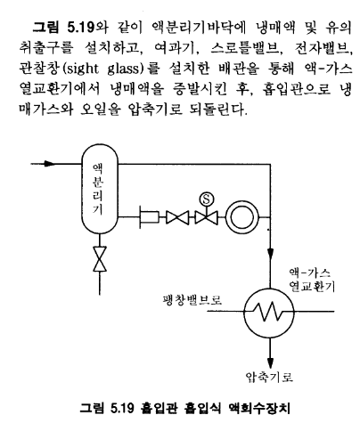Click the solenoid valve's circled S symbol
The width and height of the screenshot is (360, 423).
206,199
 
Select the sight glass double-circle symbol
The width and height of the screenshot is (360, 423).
242,217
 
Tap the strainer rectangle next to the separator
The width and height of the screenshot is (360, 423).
149,217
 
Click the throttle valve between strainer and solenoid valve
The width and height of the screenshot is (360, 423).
177,217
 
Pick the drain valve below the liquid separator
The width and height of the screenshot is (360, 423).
100,258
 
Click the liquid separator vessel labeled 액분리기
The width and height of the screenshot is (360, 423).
100,189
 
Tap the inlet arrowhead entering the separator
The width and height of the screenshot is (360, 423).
50,164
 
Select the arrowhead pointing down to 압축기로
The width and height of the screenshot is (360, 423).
270,362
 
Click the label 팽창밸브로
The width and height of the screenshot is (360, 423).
192,300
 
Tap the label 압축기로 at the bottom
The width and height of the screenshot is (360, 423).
269,377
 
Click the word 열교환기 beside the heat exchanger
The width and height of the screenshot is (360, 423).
312,287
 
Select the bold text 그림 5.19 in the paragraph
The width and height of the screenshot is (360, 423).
63,28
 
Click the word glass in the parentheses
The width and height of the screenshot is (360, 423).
123,69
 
